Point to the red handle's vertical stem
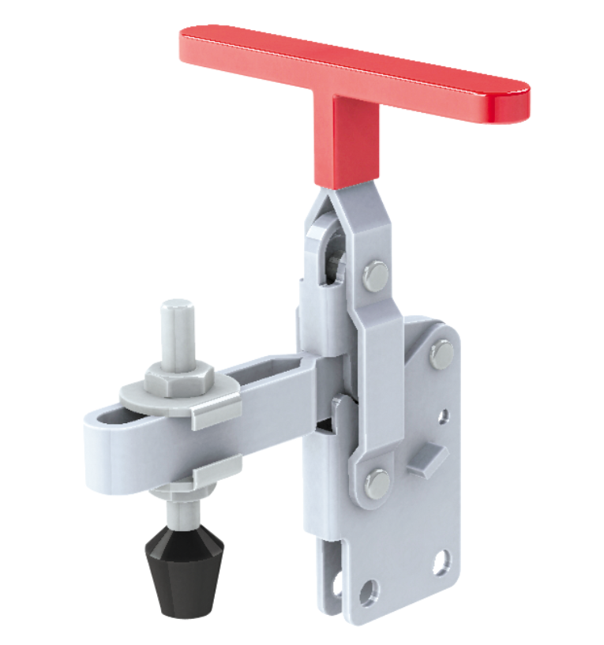coord(355,142)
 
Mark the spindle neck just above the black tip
coord(179,509)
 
